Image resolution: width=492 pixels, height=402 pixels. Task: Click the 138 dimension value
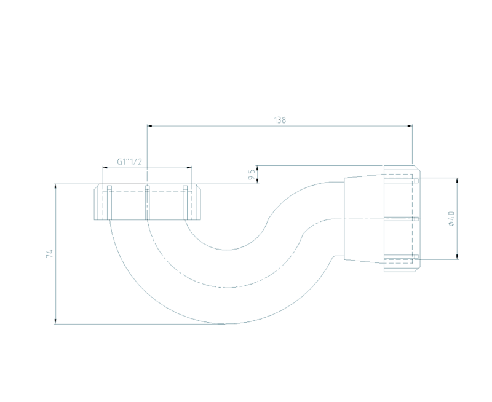click(x=280, y=120)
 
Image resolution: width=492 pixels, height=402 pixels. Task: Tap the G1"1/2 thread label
click(x=130, y=162)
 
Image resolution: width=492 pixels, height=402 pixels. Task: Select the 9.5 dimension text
click(x=251, y=175)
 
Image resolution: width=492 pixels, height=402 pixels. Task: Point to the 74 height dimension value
click(x=49, y=254)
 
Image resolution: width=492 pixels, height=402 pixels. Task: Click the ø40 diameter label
click(x=451, y=219)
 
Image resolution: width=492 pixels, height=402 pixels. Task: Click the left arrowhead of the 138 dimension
click(x=149, y=126)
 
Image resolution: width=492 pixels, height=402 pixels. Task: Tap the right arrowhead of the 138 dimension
click(x=410, y=126)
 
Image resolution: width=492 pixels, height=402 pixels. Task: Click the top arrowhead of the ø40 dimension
click(x=457, y=181)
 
